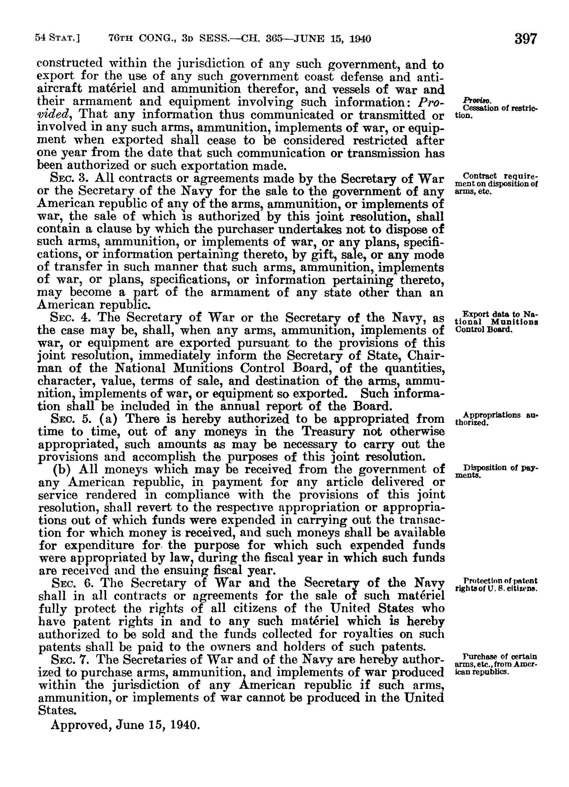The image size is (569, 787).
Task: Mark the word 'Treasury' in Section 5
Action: [329, 432]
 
